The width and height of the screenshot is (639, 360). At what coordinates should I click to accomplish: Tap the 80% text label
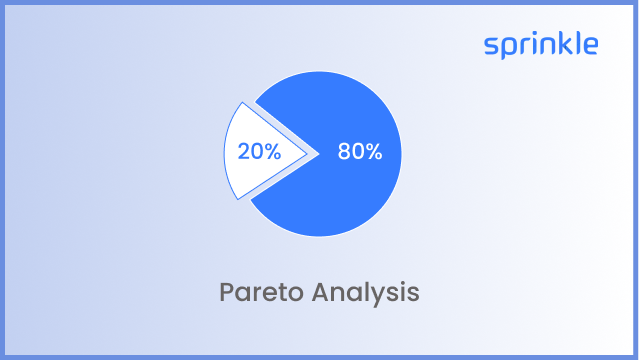360,153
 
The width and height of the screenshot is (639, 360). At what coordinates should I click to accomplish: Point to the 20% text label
259,153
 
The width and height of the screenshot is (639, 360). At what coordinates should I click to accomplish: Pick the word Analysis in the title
365,293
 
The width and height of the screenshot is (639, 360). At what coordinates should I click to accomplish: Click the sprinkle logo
541,45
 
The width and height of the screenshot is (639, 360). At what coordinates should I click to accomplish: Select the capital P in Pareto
226,293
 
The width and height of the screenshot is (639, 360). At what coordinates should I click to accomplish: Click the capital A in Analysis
320,293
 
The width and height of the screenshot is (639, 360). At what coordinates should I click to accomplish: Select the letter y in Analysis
384,296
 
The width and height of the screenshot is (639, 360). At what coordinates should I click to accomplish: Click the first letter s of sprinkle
490,46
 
